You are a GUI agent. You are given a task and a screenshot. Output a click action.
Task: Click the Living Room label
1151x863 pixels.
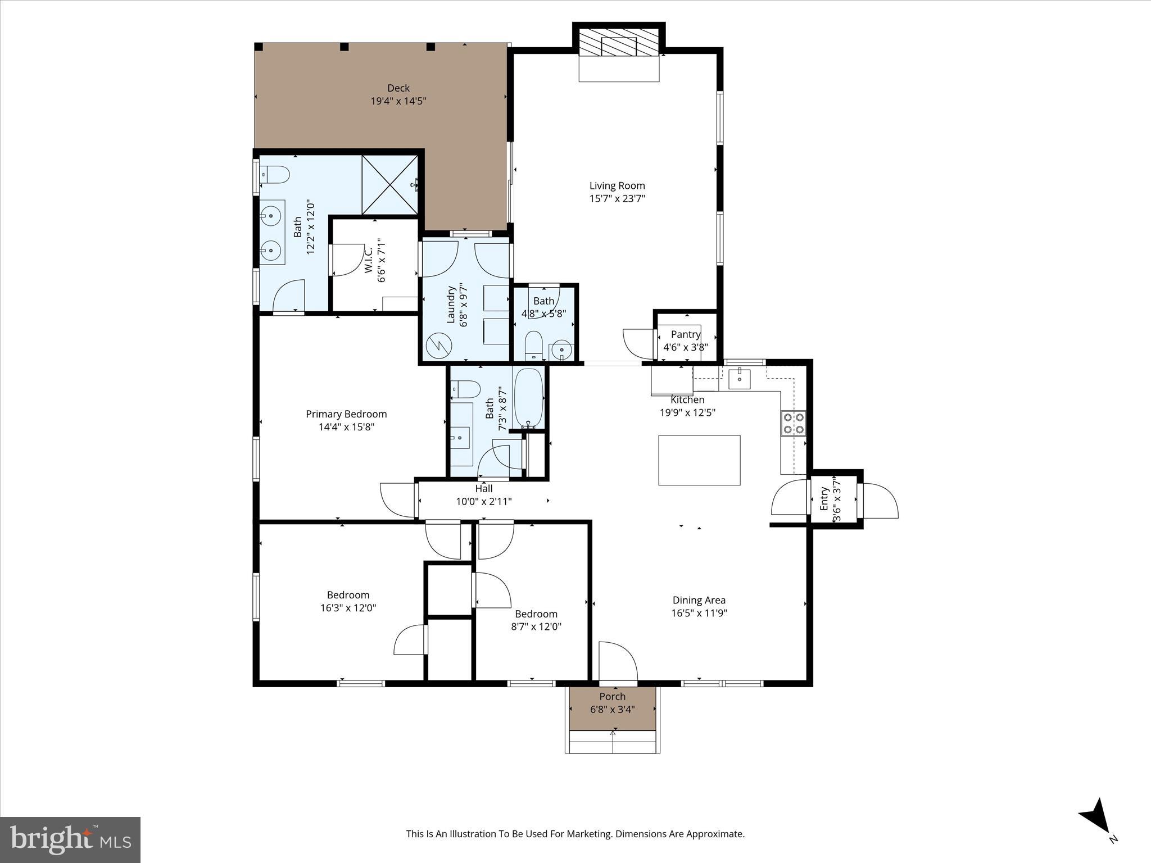pyautogui.click(x=617, y=185)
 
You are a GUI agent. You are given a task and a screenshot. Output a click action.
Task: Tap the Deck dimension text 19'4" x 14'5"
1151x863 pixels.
pyautogui.click(x=398, y=101)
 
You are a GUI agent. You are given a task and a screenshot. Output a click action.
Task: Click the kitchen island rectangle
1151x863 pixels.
pyautogui.click(x=699, y=460)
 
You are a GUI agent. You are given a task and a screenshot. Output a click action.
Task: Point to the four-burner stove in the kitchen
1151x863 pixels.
pyautogui.click(x=792, y=424)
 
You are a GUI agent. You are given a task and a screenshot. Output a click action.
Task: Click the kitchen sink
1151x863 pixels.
pyautogui.click(x=740, y=379)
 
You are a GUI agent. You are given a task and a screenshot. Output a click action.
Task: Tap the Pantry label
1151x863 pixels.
pyautogui.click(x=685, y=334)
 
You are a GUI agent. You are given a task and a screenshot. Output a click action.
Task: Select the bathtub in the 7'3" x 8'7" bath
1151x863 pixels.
pyautogui.click(x=528, y=398)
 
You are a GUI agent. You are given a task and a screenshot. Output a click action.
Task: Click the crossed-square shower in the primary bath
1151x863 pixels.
pyautogui.click(x=389, y=185)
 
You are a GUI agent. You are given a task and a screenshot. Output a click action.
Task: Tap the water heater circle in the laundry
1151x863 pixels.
pyautogui.click(x=438, y=346)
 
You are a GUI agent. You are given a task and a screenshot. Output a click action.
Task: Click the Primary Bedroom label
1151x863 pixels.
pyautogui.click(x=346, y=414)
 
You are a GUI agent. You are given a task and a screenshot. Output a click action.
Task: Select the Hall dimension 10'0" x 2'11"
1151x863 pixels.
pyautogui.click(x=484, y=501)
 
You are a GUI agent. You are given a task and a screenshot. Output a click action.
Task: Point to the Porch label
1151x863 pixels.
pyautogui.click(x=612, y=697)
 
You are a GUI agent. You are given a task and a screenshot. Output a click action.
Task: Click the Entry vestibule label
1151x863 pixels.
pyautogui.click(x=824, y=499)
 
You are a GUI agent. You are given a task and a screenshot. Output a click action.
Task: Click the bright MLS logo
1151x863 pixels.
pyautogui.click(x=70, y=839)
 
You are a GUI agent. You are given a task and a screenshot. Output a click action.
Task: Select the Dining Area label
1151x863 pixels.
pyautogui.click(x=699, y=600)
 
